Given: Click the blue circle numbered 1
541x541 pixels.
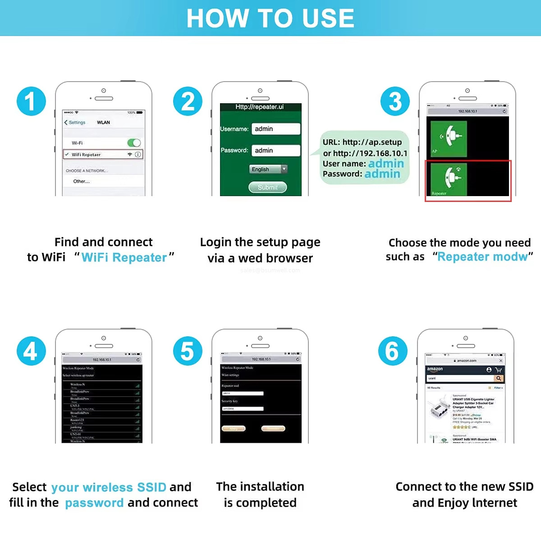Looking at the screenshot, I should (31, 101).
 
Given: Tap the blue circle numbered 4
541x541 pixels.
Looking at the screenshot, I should (31, 351).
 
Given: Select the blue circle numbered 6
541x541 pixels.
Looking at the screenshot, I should (393, 351).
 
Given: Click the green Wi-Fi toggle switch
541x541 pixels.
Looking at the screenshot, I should (134, 143).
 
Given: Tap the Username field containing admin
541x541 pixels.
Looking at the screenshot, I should (276, 129).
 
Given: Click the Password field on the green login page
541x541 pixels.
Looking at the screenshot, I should (276, 151).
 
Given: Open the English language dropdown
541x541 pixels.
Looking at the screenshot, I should (268, 169).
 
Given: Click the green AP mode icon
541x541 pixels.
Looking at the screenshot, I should (449, 138).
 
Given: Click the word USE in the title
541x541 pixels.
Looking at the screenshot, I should (328, 18).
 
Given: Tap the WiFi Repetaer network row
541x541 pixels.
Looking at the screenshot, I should (103, 155).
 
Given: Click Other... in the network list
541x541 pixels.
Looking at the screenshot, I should (82, 181).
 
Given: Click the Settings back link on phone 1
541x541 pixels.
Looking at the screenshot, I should (75, 123).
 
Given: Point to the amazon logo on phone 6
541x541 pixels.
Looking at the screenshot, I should (435, 369).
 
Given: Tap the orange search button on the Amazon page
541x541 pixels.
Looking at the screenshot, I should (499, 378).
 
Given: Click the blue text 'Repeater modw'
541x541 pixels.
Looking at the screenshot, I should (482, 257).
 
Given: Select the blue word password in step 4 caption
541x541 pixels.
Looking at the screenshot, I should (94, 503).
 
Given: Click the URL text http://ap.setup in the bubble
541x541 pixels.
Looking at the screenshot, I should (372, 142).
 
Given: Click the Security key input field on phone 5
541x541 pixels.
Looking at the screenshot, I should (243, 409).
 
